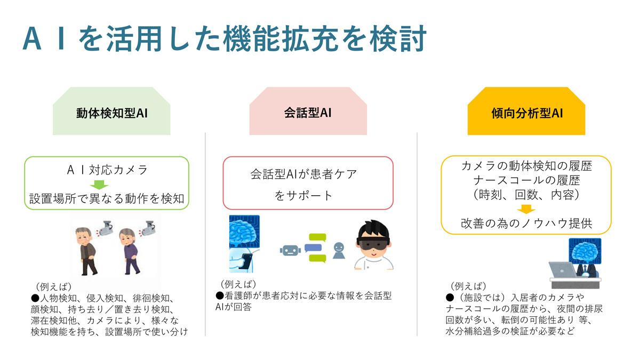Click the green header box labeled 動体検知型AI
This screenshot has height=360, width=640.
[x=111, y=111]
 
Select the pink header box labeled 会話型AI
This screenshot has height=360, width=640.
[x=308, y=111]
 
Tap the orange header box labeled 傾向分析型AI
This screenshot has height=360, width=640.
[x=526, y=111]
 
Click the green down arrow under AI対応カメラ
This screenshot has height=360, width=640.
[x=99, y=185]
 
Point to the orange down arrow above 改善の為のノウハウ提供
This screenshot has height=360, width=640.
[x=526, y=209]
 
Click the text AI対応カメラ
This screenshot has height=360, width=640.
[x=107, y=170]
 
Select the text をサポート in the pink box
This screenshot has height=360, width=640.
[x=303, y=196]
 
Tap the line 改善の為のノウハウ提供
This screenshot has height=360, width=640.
[x=526, y=223]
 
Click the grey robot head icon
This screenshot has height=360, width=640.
[x=290, y=251]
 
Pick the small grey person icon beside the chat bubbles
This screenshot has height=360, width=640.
[x=339, y=251]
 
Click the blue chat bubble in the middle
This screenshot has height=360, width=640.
[x=313, y=247]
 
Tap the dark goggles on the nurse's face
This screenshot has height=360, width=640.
[x=373, y=244]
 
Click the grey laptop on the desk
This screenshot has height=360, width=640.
[x=563, y=270]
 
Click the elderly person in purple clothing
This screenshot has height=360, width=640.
[x=130, y=251]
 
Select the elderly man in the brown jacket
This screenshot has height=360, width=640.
[x=86, y=251]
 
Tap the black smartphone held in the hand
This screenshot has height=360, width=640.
[x=246, y=261]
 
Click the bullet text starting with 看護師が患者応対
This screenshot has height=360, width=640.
[x=303, y=301]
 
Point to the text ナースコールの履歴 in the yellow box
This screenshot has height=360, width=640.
[x=526, y=180]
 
